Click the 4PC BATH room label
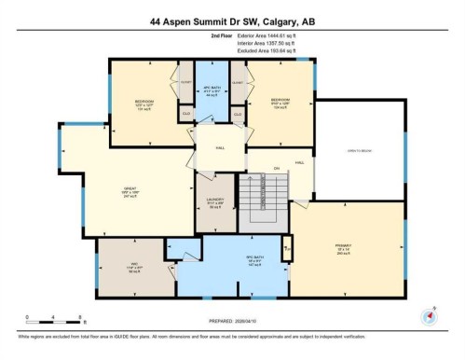tap(211, 93)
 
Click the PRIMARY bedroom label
tap(344, 249)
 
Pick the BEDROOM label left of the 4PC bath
tap(144, 102)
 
